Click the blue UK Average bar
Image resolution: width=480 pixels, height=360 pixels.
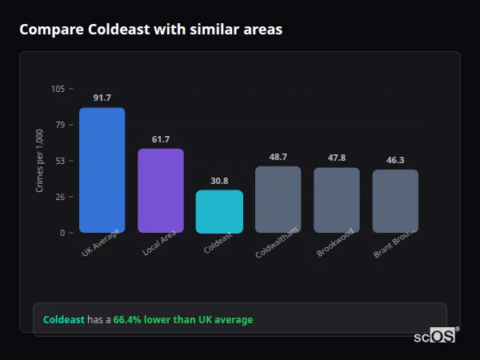click(x=102, y=170)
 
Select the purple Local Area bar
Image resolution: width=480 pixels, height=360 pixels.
click(x=160, y=190)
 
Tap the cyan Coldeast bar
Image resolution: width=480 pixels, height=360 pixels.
click(x=219, y=211)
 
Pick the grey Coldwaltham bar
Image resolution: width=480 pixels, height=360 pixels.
click(x=278, y=199)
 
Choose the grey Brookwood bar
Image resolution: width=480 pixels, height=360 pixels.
click(x=337, y=200)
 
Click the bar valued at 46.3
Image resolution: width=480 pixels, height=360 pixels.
click(x=395, y=201)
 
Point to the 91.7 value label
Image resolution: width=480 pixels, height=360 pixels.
click(x=102, y=98)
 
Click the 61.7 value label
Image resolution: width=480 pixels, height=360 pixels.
click(x=160, y=139)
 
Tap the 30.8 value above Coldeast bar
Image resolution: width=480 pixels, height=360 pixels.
click(x=219, y=181)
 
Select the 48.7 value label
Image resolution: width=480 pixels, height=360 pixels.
click(x=278, y=157)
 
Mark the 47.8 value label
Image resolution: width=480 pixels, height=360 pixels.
click(x=337, y=158)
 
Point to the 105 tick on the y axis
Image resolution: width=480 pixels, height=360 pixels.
click(x=58, y=89)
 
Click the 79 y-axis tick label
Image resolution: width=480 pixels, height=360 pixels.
click(x=60, y=125)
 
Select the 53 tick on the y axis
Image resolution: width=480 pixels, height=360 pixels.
click(x=60, y=161)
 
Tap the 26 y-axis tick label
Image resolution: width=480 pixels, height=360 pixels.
click(x=60, y=197)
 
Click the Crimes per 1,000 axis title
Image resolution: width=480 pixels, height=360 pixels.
click(x=40, y=160)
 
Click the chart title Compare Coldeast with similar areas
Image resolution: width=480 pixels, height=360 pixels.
click(x=150, y=30)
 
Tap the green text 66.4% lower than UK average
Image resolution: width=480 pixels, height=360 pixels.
click(x=182, y=320)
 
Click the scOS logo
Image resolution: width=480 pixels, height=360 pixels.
click(x=434, y=336)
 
